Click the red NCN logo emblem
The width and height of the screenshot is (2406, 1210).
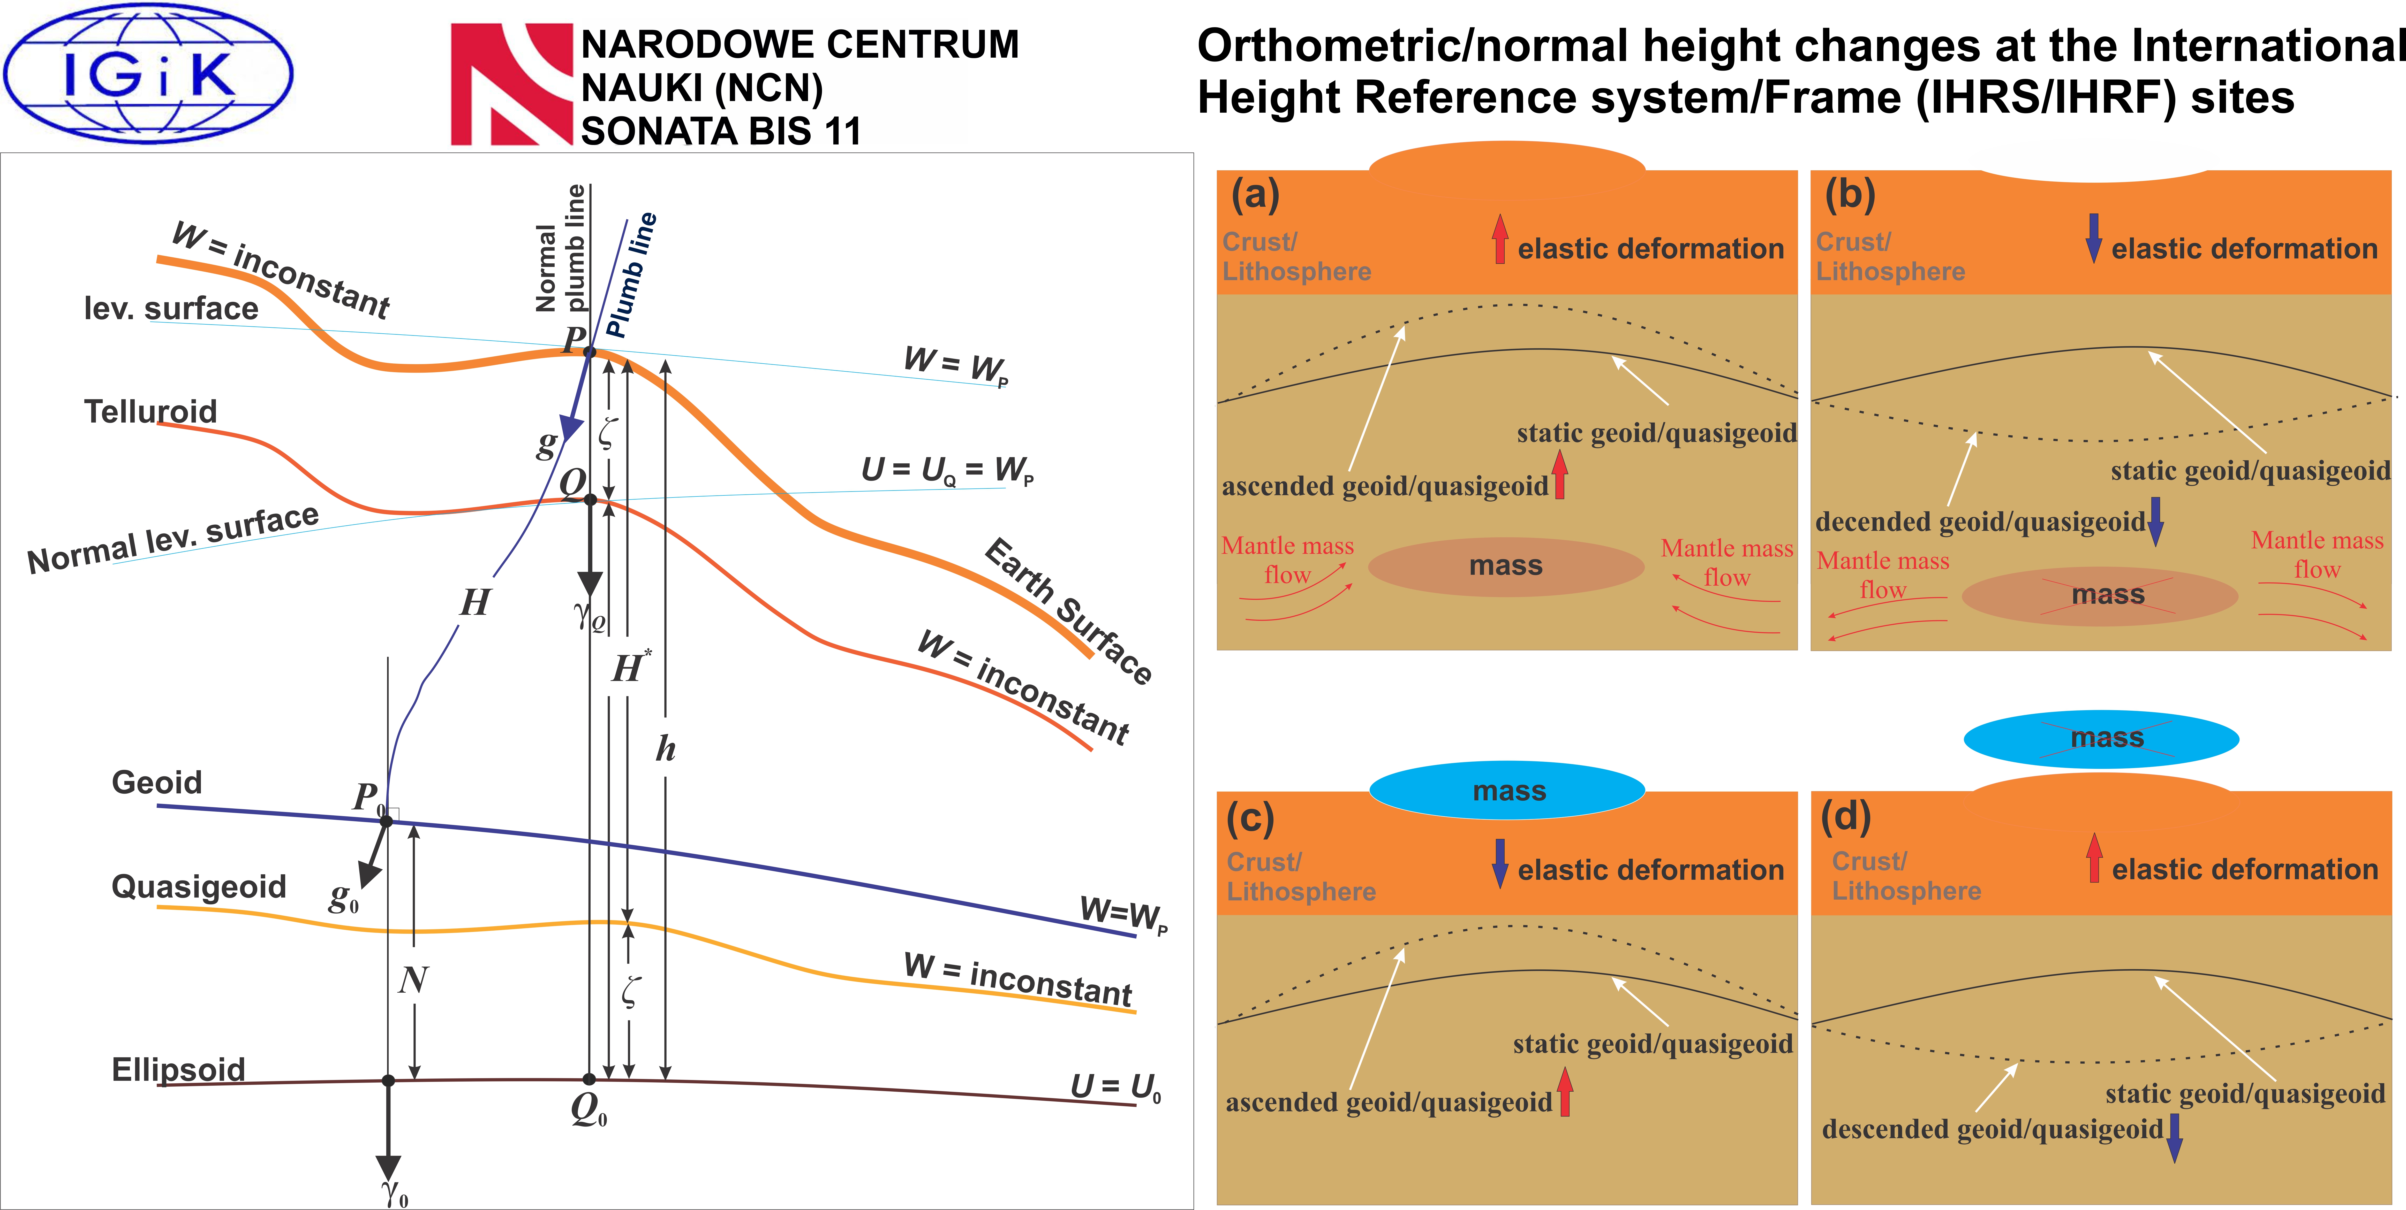point(511,84)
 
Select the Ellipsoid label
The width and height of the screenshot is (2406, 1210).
point(178,1069)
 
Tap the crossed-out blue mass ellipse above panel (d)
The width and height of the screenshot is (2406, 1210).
point(2101,739)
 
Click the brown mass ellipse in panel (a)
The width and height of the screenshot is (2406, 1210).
point(1506,566)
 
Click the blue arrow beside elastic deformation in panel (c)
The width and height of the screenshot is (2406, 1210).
point(1500,863)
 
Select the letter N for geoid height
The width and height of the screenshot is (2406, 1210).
point(413,979)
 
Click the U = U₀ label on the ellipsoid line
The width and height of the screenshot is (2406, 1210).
point(1116,1088)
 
